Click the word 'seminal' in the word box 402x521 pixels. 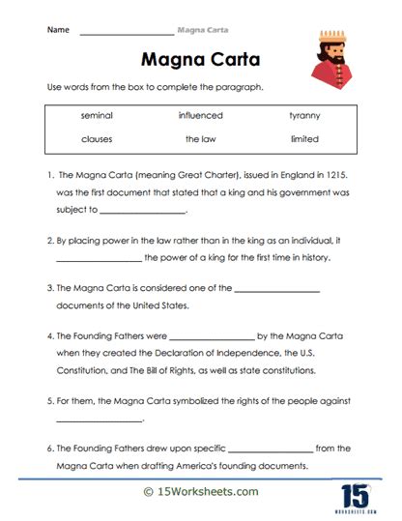97,116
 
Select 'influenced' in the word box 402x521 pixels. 200,116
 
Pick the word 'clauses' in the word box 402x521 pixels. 97,139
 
